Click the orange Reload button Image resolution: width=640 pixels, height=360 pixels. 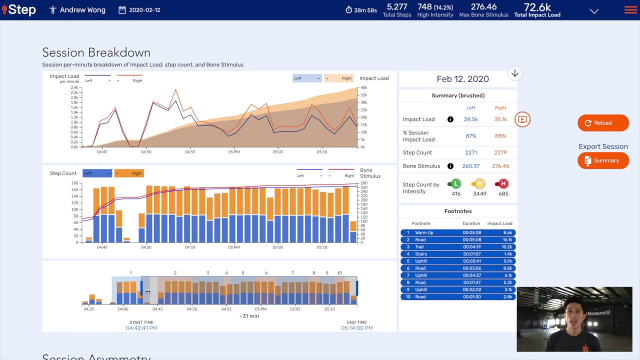click(603, 123)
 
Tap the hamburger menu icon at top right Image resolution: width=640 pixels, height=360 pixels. click(630, 10)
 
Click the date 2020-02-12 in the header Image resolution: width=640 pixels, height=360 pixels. click(144, 10)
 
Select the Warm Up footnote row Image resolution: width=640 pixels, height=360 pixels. click(457, 232)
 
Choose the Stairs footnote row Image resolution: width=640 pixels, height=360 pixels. click(457, 254)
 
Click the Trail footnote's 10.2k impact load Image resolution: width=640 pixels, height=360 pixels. click(506, 247)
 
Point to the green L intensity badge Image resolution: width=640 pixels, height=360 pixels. click(455, 184)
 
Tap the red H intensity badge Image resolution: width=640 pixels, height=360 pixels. click(503, 184)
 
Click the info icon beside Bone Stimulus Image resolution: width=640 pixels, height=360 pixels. click(450, 166)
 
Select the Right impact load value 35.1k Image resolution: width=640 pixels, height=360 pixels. click(500, 119)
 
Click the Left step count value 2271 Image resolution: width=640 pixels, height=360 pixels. click(470, 152)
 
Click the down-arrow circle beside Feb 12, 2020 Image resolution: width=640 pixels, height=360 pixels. click(514, 74)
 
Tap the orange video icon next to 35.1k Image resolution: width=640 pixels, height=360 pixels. click(522, 119)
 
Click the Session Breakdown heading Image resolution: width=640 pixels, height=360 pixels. click(96, 52)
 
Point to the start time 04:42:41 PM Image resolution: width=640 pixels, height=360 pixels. click(141, 328)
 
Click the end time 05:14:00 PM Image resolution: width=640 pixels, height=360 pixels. click(356, 328)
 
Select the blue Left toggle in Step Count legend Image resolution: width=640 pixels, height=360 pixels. click(97, 173)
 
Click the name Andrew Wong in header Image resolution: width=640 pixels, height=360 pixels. click(82, 10)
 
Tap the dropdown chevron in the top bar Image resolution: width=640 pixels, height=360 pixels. click(594, 11)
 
